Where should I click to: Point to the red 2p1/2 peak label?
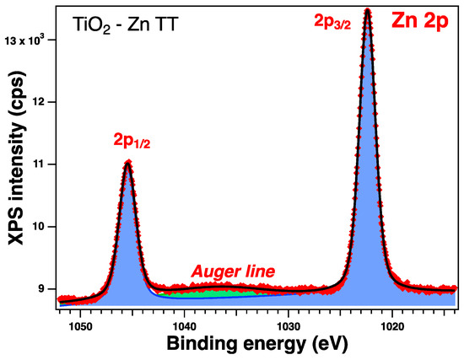127,142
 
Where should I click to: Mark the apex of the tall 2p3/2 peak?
367,10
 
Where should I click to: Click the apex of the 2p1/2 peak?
127,162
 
